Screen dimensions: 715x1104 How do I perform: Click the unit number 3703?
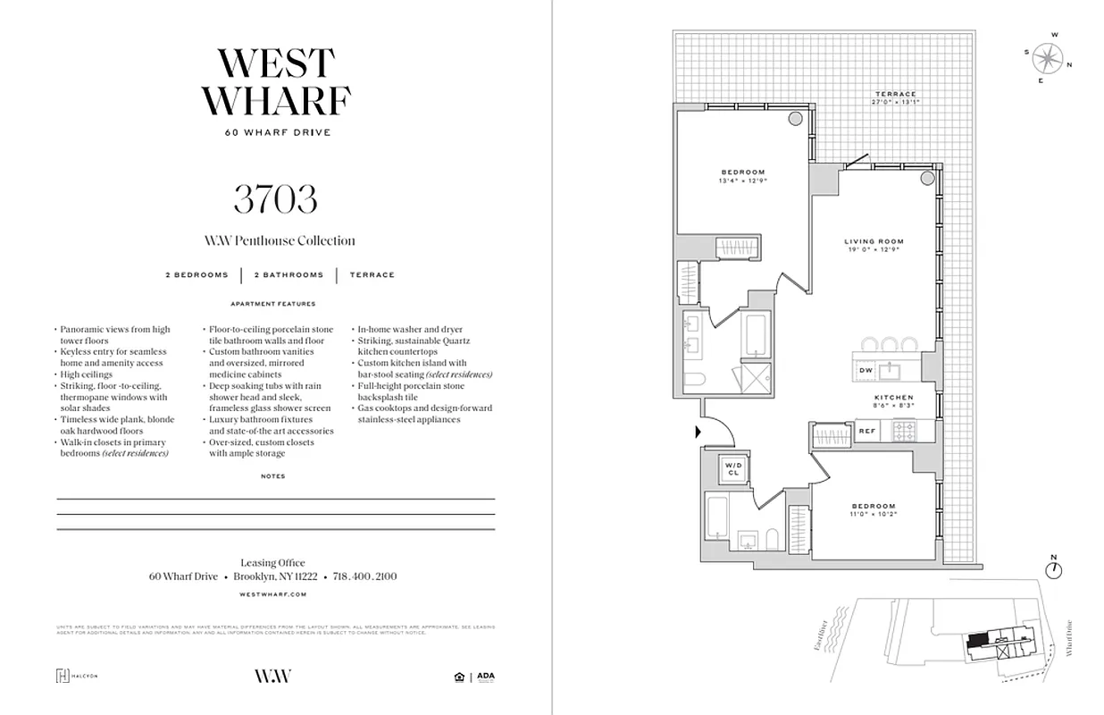(275, 198)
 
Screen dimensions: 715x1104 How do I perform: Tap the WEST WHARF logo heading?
(275, 82)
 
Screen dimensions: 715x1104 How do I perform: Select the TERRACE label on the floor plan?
(895, 94)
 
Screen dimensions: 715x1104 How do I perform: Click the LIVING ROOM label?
(874, 241)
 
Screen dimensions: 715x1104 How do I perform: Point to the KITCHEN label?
(893, 397)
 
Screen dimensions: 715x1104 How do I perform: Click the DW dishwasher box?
(866, 370)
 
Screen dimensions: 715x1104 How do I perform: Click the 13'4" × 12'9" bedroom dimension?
(743, 181)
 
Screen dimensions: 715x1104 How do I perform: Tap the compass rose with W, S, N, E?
(1047, 59)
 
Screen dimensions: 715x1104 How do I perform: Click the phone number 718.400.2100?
(364, 576)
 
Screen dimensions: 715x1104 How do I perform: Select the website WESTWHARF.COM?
(274, 593)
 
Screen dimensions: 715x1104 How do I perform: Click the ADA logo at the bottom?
(485, 677)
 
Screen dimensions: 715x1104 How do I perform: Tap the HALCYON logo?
(77, 676)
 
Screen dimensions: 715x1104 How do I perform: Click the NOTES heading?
(273, 476)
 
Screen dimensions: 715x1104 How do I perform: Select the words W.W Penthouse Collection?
(280, 240)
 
